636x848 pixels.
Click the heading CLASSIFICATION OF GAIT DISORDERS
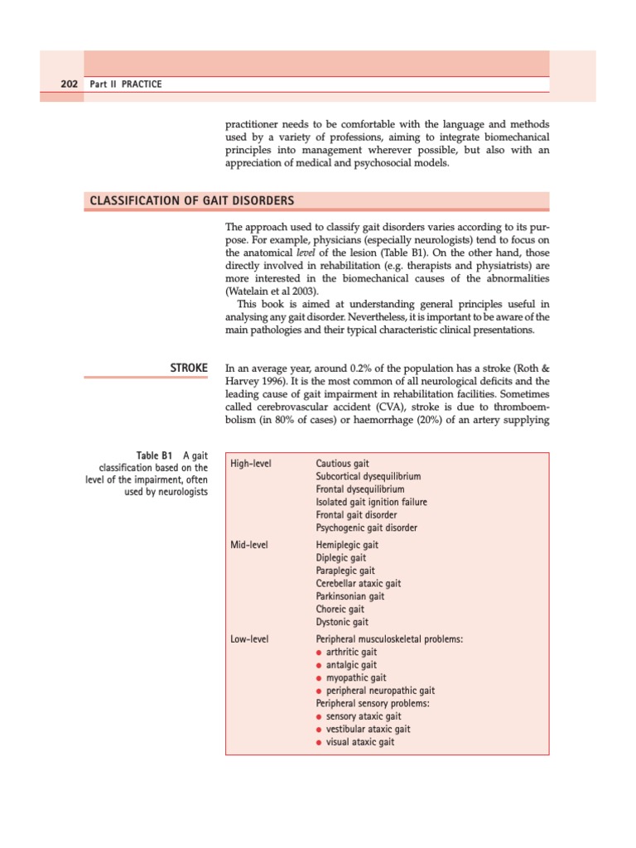click(189, 201)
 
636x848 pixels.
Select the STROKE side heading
click(188, 366)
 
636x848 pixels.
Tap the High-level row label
click(251, 464)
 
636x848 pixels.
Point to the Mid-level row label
click(249, 545)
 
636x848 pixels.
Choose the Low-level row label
click(249, 639)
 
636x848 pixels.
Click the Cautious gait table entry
click(343, 464)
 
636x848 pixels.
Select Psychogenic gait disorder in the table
click(366, 528)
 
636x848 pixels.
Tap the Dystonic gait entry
click(342, 622)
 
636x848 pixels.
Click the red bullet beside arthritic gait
click(320, 653)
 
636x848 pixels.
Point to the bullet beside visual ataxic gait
click(320, 743)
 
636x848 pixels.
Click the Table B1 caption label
click(155, 455)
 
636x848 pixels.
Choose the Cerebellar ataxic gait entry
click(359, 584)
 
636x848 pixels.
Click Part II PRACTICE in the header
click(127, 84)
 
